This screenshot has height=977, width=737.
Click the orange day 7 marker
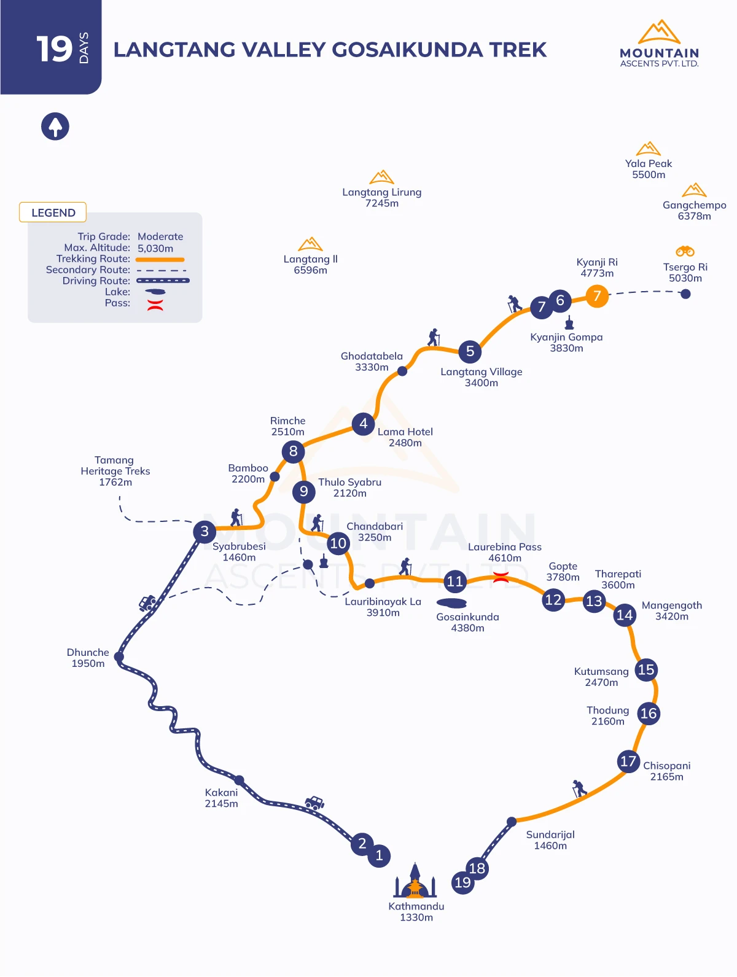click(597, 295)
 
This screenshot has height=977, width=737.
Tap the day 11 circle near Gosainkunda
click(455, 582)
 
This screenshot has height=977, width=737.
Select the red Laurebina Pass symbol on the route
click(501, 578)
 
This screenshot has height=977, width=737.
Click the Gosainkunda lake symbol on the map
click(451, 603)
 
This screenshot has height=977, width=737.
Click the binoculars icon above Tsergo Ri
click(685, 252)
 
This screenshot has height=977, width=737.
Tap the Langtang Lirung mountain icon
click(381, 177)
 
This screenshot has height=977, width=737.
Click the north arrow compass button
click(55, 127)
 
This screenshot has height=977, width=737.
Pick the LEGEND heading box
click(53, 212)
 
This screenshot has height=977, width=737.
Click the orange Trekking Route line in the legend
click(160, 260)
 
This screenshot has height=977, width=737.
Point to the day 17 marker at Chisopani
click(628, 761)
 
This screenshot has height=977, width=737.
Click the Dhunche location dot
click(119, 656)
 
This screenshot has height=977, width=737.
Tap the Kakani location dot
click(239, 780)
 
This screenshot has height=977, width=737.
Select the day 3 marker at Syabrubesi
click(205, 531)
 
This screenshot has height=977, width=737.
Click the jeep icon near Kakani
click(314, 803)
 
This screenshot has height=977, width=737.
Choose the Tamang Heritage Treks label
click(115, 471)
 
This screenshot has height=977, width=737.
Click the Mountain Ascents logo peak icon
click(659, 31)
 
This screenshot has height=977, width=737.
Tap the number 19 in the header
click(54, 49)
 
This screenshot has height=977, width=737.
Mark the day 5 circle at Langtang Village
click(470, 351)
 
